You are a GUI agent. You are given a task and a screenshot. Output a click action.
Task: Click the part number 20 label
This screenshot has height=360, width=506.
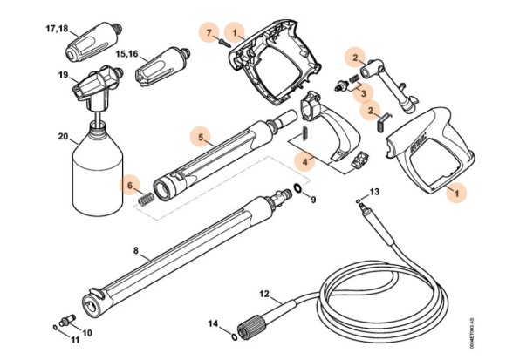[x=63, y=137]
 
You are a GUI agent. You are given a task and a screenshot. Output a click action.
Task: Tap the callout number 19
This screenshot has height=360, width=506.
[x=63, y=75]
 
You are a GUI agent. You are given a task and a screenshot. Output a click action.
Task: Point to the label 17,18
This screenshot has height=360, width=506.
[x=56, y=29]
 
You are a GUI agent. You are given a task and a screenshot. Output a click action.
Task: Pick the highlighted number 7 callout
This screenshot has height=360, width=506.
[x=209, y=33]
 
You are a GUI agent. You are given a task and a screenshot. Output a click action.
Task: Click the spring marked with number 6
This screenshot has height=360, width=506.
[x=150, y=200]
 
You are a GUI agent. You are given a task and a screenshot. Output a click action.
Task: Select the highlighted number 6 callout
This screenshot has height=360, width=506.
[x=130, y=185]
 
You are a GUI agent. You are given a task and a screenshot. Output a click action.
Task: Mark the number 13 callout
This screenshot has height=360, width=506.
[x=374, y=190]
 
